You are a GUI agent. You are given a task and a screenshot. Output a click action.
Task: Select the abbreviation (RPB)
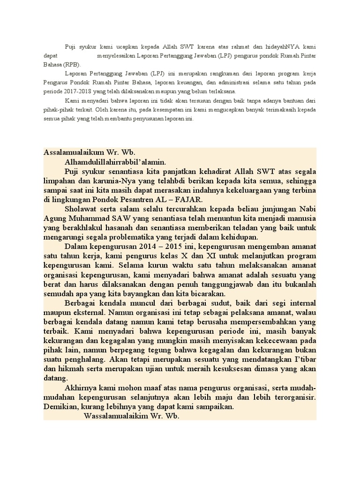(x=72, y=65)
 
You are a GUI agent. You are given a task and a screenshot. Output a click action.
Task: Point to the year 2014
(x=144, y=246)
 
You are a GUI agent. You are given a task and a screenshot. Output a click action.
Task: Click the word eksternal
(x=87, y=312)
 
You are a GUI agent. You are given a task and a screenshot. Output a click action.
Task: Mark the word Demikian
(x=61, y=407)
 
